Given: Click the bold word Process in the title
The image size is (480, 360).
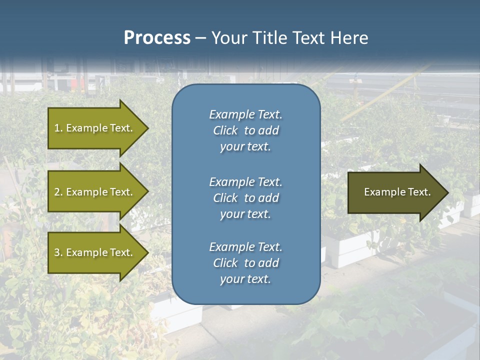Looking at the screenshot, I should click(157, 38).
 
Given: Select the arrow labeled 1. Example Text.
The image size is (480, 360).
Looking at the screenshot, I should click(95, 128).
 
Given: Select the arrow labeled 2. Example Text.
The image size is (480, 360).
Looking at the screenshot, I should click(95, 192).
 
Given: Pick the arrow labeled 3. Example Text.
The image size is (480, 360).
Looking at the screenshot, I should click(95, 252).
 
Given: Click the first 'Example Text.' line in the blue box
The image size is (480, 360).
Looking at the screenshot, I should click(245, 114).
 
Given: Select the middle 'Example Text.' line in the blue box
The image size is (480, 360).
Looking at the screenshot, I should click(245, 181).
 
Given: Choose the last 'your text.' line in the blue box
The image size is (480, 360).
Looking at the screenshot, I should click(245, 279).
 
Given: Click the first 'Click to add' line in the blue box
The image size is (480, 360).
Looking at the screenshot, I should click(245, 130).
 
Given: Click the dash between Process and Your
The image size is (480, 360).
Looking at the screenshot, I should click(200, 38).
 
